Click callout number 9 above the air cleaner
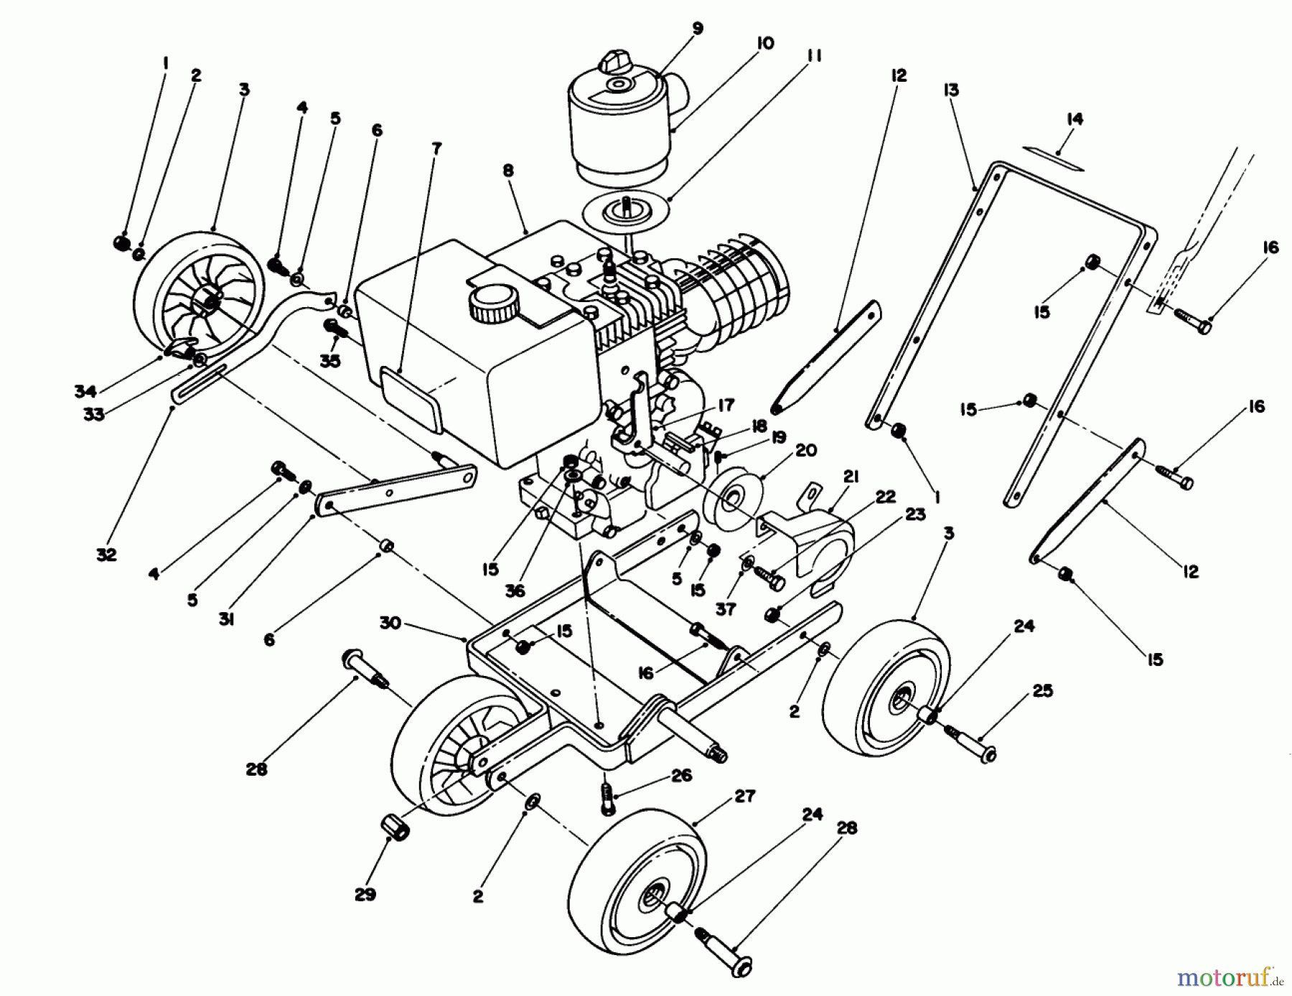(698, 29)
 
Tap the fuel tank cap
(494, 302)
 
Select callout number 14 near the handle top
(1074, 119)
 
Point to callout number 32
(106, 555)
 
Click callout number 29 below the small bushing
(365, 895)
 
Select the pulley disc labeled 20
(730, 498)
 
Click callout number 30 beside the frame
(390, 624)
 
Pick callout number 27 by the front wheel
(745, 797)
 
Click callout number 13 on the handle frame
(952, 90)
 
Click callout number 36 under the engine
(515, 591)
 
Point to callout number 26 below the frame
(681, 776)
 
